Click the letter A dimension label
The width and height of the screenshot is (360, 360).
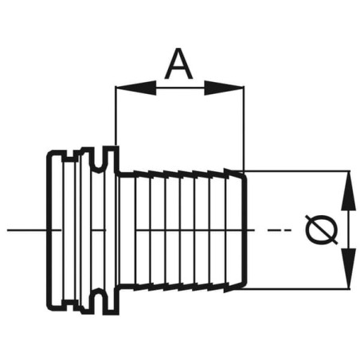point(178,64)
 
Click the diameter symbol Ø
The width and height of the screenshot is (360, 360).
point(322,230)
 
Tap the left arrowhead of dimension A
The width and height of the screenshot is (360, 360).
point(136,88)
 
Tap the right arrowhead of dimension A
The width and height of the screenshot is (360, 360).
point(224,88)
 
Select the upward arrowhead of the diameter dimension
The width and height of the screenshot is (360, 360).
point(348,191)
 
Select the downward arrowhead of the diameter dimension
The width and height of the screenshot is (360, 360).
point(348,268)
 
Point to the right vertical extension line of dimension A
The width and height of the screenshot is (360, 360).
point(244,128)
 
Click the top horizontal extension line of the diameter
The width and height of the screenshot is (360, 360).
point(296,171)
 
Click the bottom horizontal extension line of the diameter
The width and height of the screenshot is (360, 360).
point(292,288)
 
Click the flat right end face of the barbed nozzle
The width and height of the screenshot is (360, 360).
point(246,230)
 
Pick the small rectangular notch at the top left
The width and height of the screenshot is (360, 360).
point(69,157)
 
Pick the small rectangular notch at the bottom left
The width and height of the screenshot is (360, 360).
point(69,304)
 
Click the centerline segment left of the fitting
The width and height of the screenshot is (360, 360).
point(27,230)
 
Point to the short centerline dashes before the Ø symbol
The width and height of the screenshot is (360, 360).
point(279,230)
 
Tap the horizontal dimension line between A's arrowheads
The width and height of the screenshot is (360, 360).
point(180,88)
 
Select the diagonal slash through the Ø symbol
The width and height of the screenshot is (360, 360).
point(322,230)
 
